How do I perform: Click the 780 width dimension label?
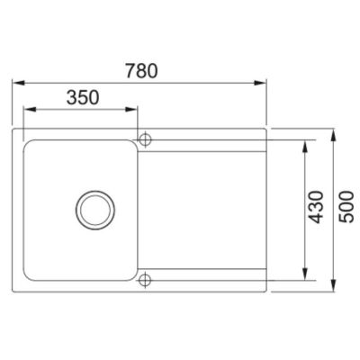pos(141,71)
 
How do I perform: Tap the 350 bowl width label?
pos(83,97)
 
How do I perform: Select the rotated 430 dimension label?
pos(317,207)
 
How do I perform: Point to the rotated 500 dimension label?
pos(346,207)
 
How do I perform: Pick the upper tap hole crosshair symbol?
pos(145,139)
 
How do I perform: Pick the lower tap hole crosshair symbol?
pos(145,280)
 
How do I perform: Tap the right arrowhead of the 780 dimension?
pos(260,83)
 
